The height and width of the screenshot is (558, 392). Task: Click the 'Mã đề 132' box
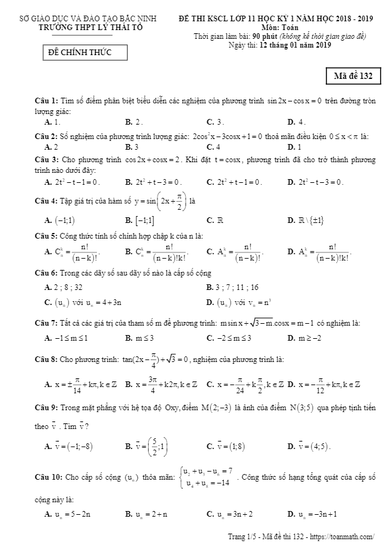pos(353,76)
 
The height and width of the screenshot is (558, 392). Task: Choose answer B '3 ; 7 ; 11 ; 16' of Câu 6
pos(233,287)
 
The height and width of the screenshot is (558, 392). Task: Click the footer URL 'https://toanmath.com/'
pos(344,537)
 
